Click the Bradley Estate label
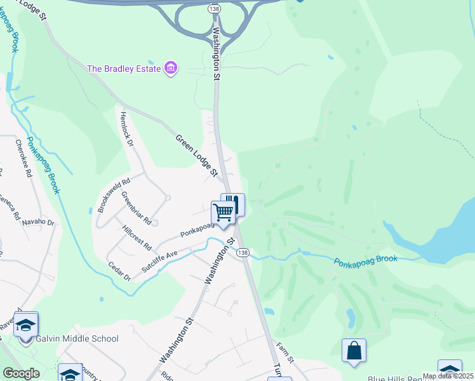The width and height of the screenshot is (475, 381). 123,68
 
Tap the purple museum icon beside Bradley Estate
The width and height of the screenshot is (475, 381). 170,68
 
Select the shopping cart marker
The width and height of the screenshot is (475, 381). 223,213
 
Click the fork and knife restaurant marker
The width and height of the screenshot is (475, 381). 233,204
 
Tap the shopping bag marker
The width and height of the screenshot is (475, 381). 354,351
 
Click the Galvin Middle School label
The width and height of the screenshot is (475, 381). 78,339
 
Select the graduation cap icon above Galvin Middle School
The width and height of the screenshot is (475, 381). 25,324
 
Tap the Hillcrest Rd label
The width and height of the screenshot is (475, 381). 137,237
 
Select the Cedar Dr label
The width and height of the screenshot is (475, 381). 119,272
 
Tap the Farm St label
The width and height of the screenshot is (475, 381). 285,352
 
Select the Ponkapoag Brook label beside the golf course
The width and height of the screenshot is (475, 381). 365,260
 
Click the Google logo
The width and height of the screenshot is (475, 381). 20,373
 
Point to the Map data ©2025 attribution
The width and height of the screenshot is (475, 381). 448,376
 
